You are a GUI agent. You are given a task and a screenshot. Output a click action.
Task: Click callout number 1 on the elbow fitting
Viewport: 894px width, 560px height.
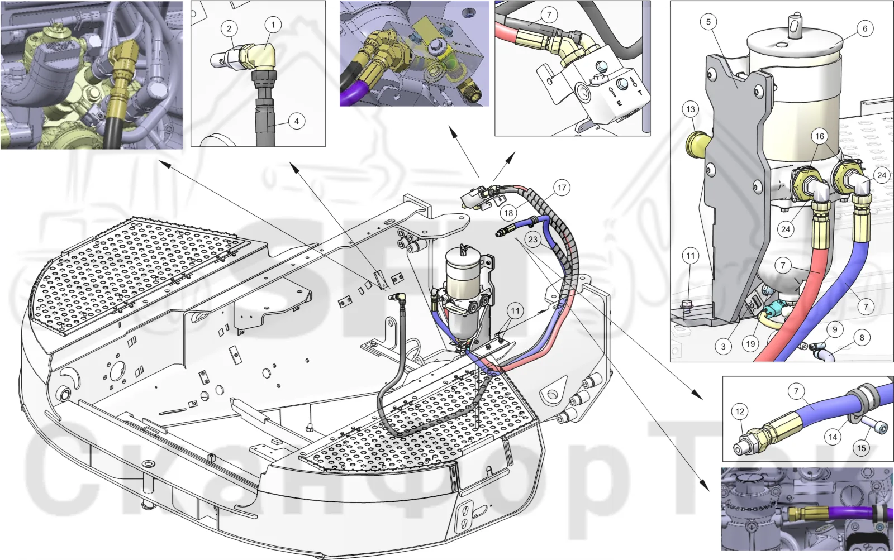pos(273,25)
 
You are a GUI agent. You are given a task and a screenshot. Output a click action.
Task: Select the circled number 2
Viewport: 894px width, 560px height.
pos(229,28)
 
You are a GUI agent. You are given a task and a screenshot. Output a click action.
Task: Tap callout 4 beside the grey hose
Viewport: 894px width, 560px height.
pos(297,121)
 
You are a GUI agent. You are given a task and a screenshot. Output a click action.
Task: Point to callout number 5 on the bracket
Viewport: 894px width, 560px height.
pos(708,22)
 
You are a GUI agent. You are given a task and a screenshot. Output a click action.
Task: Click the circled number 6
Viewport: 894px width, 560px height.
pos(865,28)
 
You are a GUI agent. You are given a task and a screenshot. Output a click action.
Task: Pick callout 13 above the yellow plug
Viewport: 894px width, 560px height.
pos(691,109)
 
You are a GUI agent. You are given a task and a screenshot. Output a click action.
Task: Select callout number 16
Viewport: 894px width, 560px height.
pos(819,136)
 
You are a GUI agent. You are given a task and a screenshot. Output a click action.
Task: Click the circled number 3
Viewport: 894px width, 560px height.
pos(723,347)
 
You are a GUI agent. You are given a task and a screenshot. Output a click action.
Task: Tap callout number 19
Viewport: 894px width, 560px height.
pos(751,343)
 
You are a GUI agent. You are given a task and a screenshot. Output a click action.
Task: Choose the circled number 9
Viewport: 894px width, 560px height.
pos(835,330)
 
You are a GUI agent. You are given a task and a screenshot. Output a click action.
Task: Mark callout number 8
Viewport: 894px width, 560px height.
pos(862,338)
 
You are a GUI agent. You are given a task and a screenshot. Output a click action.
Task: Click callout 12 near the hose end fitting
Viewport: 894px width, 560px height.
pos(740,411)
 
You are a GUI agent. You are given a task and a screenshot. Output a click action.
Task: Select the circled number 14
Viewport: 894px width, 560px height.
pos(833,437)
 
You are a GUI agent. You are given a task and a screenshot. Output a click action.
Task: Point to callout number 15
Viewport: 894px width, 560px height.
pos(861,448)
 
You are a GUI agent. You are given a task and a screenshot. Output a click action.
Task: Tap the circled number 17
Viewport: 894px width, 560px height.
pos(562,188)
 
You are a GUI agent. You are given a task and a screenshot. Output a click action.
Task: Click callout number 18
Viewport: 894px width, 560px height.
pos(508,213)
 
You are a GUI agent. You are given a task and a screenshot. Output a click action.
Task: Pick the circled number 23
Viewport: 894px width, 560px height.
pos(533,240)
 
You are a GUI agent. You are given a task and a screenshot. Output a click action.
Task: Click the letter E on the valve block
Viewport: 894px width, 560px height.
pos(619,103)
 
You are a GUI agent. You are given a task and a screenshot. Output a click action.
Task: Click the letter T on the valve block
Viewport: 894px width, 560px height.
pos(640,93)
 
